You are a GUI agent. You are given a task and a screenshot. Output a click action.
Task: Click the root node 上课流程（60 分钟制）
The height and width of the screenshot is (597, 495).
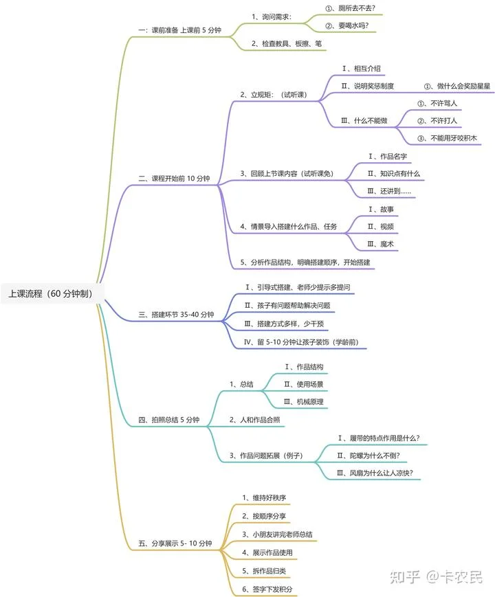click(x=51, y=293)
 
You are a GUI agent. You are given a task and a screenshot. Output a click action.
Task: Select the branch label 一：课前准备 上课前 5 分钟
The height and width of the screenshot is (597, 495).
click(x=179, y=30)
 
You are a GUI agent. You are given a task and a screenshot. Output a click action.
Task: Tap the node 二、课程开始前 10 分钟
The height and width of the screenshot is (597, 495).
click(x=174, y=178)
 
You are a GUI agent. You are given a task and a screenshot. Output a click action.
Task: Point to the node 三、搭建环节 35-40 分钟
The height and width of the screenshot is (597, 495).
click(x=176, y=315)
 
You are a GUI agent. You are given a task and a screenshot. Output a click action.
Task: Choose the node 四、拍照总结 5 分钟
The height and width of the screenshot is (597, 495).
click(x=169, y=420)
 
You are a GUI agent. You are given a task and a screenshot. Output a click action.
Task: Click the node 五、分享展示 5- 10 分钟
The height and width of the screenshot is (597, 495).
click(x=175, y=543)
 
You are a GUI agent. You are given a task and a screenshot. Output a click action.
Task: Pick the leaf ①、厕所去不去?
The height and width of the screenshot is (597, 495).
click(x=350, y=8)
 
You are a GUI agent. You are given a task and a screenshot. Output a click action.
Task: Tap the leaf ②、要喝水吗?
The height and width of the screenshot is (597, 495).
click(x=346, y=25)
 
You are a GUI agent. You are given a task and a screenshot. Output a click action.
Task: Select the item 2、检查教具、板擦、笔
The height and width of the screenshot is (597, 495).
click(x=287, y=43)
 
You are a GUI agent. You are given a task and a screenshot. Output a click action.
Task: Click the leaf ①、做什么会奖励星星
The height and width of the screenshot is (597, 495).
click(x=457, y=86)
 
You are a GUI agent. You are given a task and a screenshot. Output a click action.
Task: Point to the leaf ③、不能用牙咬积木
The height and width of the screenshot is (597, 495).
click(x=447, y=138)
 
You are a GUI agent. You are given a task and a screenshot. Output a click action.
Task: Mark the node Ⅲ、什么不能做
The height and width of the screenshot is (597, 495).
click(x=364, y=121)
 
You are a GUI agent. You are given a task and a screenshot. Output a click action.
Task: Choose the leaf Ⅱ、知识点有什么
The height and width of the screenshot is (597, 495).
click(x=394, y=174)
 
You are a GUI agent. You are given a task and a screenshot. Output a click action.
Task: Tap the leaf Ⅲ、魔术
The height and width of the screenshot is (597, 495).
click(x=380, y=244)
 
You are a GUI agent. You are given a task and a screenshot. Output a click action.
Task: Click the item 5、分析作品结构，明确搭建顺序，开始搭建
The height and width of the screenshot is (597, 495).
click(x=305, y=262)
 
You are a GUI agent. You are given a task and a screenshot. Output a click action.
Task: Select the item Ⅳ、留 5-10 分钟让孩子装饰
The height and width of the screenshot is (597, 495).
click(x=301, y=342)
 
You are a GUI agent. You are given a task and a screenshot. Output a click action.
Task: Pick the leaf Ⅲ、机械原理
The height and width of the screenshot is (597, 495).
click(x=303, y=402)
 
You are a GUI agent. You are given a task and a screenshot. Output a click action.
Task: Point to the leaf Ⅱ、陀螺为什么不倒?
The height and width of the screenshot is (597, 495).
click(x=368, y=455)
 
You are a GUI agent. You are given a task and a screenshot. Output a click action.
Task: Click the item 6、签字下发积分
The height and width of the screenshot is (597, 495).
click(x=267, y=589)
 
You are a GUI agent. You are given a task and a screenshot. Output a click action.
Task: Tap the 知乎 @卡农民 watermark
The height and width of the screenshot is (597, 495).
click(x=436, y=577)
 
